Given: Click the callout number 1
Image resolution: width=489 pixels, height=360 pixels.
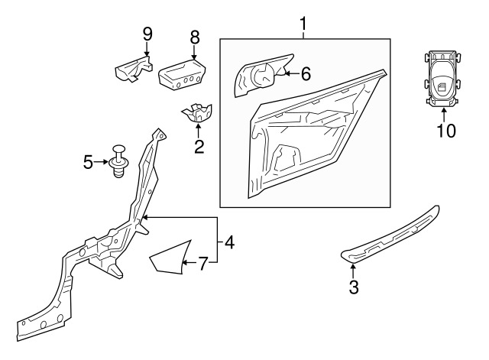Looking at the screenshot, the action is tap(303, 24).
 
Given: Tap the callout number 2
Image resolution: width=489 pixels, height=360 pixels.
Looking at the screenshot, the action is tap(199, 147).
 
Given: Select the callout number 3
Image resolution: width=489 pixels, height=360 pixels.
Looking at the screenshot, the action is tap(354, 287).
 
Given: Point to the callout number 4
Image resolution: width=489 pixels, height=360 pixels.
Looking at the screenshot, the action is tap(229, 242).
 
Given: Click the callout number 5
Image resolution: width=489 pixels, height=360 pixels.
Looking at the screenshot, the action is tap(89, 162).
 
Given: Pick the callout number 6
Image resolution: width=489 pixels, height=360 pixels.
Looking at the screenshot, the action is tap(306, 74).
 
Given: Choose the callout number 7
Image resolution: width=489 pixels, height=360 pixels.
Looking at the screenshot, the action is tap(202, 264).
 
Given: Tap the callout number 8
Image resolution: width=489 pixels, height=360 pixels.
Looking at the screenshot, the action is tap(195, 37).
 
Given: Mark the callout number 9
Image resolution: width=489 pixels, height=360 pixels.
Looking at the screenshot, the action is tap(147, 34).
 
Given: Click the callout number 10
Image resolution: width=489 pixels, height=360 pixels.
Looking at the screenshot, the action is tap(446, 131).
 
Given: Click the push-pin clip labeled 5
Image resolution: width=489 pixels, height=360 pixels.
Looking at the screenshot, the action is tap(118, 161).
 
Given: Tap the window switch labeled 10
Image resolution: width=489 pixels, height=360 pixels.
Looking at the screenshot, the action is tap(442, 78).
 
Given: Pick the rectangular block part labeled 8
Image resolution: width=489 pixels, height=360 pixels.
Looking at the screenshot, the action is tap(183, 75).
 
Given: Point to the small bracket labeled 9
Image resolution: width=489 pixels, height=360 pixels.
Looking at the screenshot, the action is tap(134, 69).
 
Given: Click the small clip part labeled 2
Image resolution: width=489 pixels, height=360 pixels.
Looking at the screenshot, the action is tap(197, 112).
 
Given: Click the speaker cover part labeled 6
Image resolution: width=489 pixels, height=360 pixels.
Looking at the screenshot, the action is tap(261, 75).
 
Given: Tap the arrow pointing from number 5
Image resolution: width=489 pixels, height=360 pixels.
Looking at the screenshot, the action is tap(101, 162).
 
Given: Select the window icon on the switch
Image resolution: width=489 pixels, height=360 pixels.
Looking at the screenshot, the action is tap(442, 87).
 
